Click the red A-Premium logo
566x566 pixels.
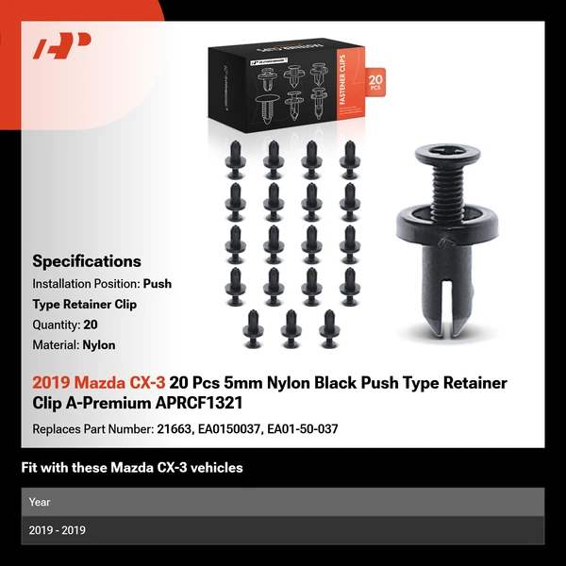pos(62,45)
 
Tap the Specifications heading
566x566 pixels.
pos(87,261)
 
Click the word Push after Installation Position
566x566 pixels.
pos(158,283)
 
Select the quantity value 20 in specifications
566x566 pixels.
pos(91,325)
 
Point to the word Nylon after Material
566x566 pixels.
pos(99,345)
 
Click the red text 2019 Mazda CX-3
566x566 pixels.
pos(99,383)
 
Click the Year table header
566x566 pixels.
pos(40,502)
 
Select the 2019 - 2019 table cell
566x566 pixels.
pos(57,530)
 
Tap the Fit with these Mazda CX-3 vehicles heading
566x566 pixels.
pos(132,468)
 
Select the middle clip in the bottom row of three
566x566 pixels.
pos(291,327)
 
